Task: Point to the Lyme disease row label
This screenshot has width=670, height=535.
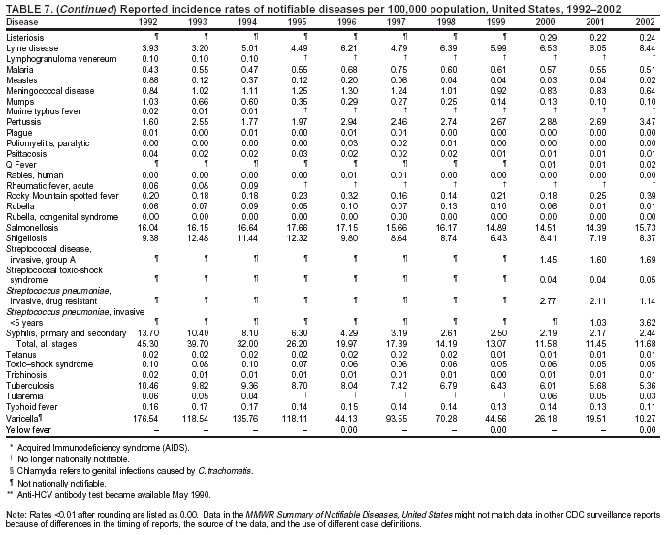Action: (26, 47)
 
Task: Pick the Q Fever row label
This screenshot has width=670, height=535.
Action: (19, 164)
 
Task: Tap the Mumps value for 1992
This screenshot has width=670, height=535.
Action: (149, 101)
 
